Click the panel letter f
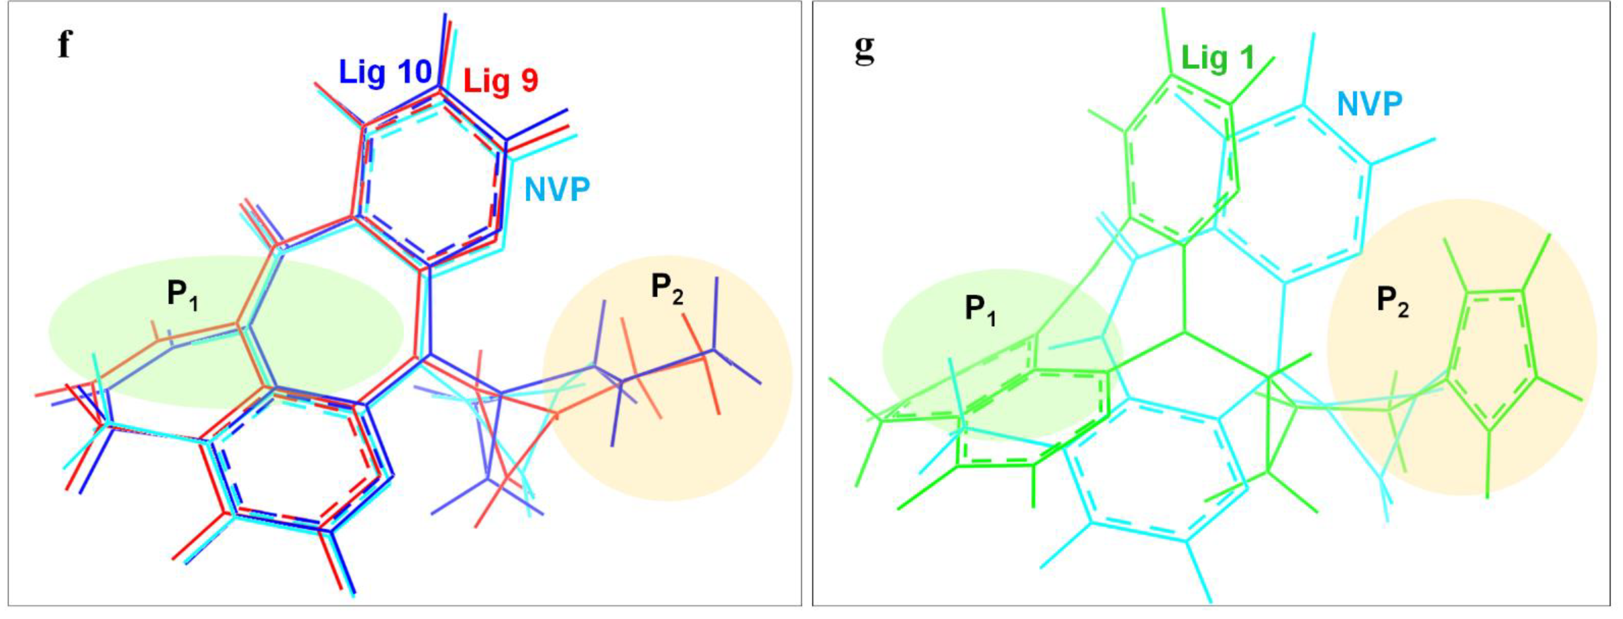click(64, 45)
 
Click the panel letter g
click(865, 49)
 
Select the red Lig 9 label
click(501, 81)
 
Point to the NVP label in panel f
click(557, 189)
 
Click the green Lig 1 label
click(1217, 58)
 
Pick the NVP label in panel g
click(1369, 104)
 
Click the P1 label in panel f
click(183, 294)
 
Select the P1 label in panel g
click(980, 310)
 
